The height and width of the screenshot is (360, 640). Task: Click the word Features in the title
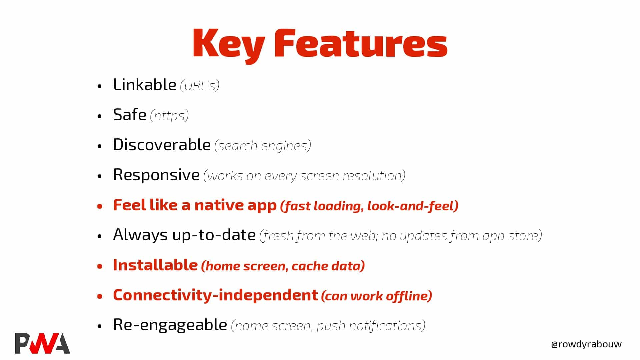coord(361,43)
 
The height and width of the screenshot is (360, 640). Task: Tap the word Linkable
coord(145,84)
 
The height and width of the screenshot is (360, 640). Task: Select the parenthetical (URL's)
coord(200,86)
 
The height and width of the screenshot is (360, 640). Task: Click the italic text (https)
coord(169,116)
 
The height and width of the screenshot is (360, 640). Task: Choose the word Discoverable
coord(162,145)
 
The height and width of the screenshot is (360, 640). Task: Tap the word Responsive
coord(156,175)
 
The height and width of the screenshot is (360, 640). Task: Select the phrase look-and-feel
coord(413,206)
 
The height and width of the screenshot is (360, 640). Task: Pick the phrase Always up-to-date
coord(184,235)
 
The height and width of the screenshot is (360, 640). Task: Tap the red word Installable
coord(155,265)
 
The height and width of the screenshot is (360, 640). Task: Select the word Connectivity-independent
coord(216,295)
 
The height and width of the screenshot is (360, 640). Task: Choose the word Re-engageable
coord(170,325)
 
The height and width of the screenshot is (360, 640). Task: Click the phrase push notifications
coord(371,326)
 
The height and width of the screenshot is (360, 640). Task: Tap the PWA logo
coord(42,343)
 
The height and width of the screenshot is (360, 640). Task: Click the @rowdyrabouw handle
coord(586,344)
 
